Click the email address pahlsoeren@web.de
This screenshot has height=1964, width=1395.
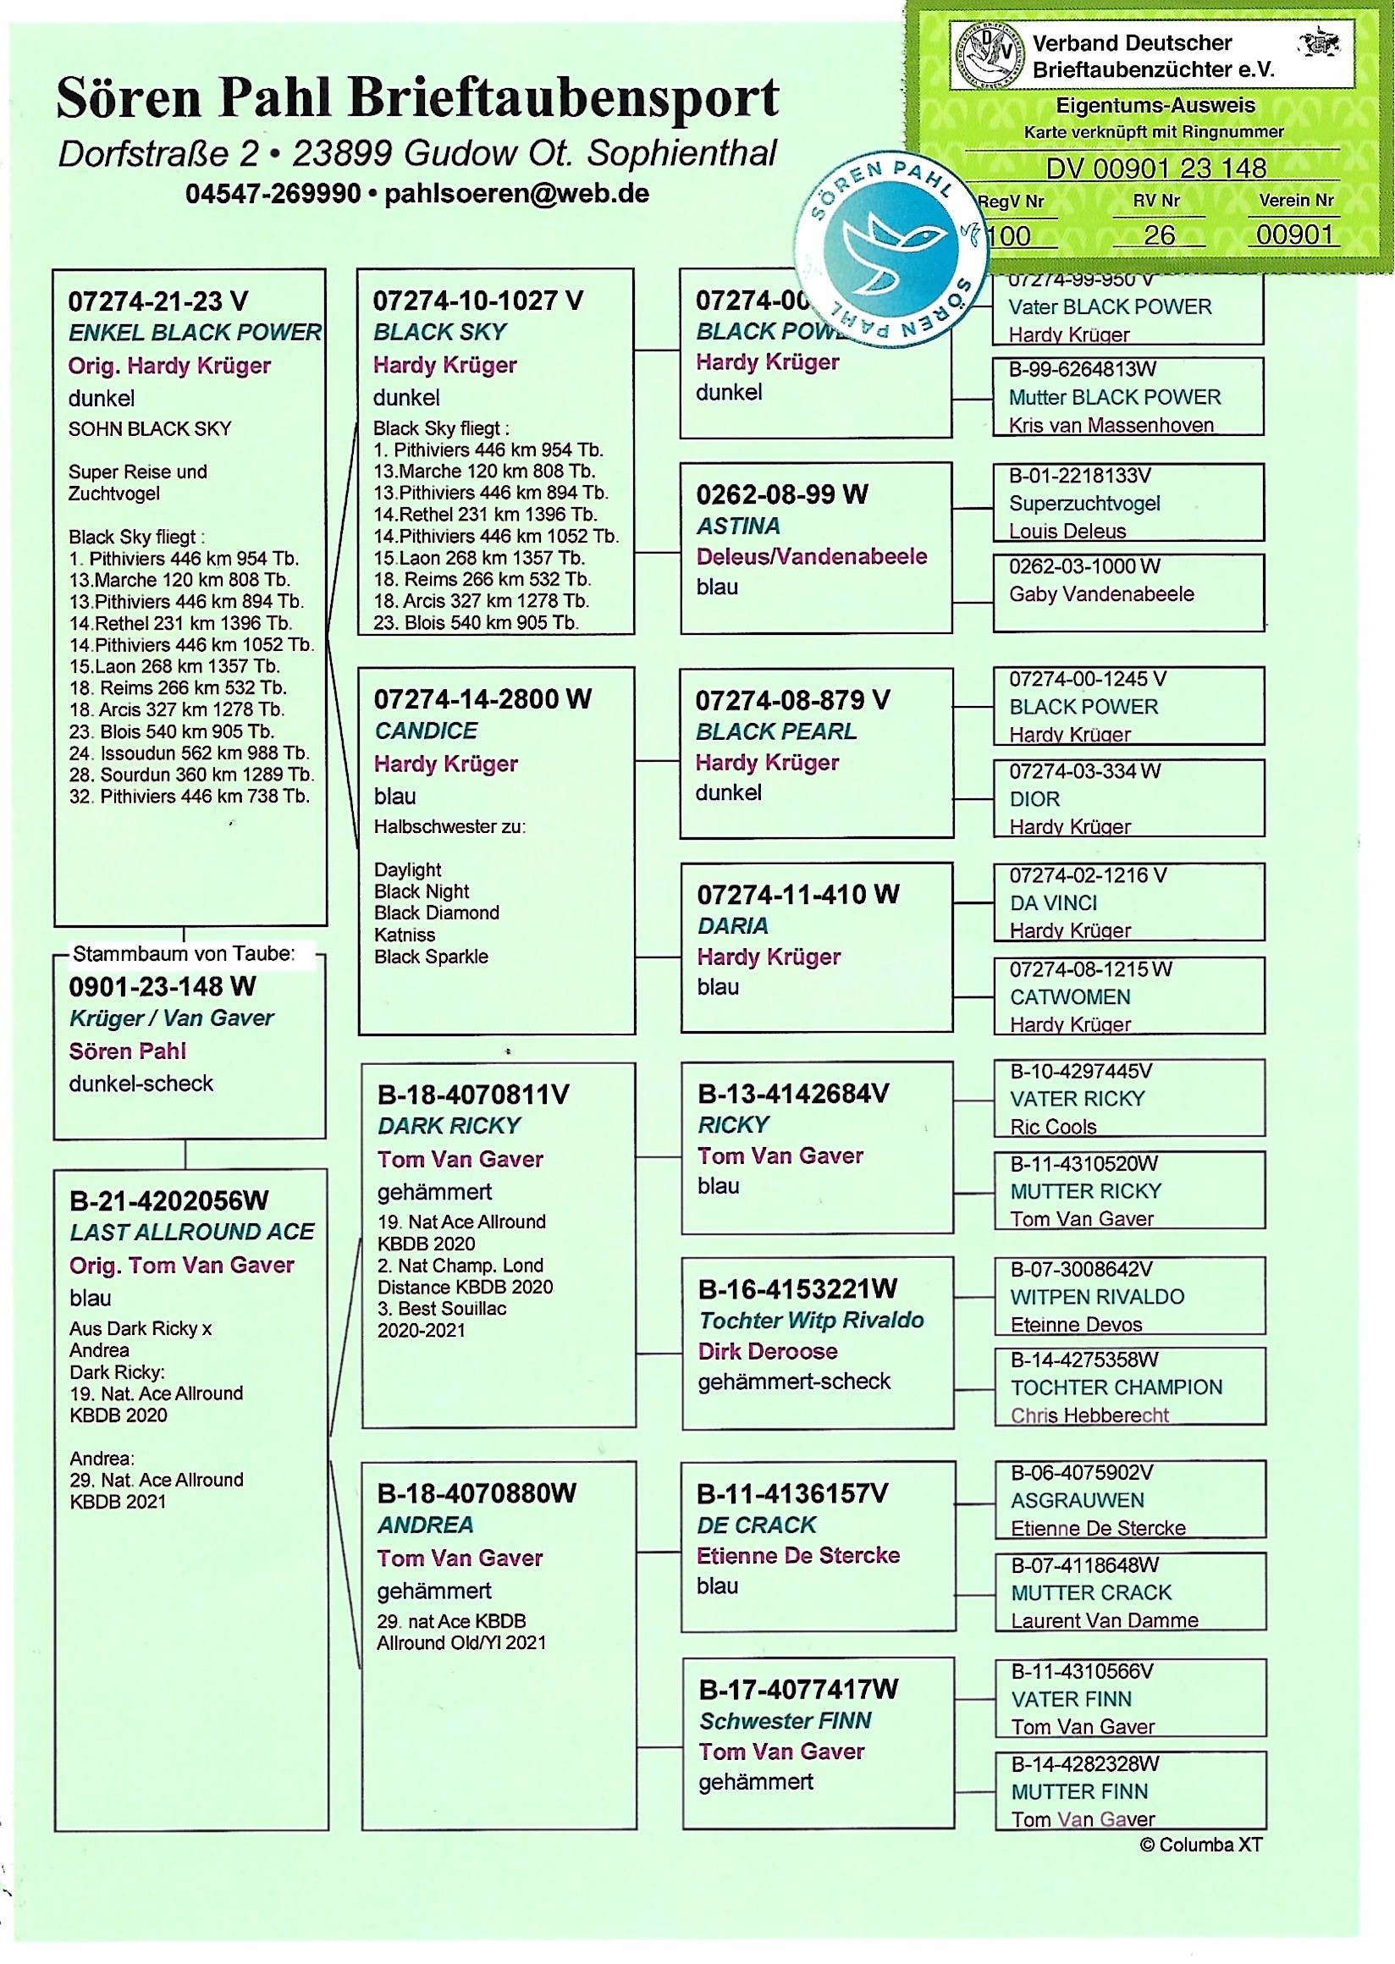coord(516,193)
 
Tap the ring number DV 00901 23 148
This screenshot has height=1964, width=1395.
coord(1155,168)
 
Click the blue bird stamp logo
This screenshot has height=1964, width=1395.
coord(891,249)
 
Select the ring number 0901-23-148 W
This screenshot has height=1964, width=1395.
coord(163,986)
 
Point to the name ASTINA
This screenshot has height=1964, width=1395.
coord(738,526)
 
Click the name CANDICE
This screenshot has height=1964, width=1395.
coord(426,731)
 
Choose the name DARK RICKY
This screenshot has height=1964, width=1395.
coord(449,1125)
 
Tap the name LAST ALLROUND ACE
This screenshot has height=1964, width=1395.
coord(192,1232)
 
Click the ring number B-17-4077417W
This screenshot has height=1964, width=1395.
coord(798,1689)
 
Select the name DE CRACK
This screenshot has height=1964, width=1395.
coord(756,1525)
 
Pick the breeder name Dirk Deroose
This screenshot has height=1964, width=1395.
coord(767,1350)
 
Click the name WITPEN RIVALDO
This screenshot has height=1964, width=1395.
coord(1097,1296)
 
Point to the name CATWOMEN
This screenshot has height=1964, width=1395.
coord(1069,996)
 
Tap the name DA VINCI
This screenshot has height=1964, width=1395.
coord(1053,903)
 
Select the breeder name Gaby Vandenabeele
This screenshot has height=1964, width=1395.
coord(1101,593)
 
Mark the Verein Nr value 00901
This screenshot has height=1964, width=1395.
coord(1294,234)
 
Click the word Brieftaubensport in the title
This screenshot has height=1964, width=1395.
coord(564,97)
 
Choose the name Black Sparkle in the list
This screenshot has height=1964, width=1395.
coord(431,957)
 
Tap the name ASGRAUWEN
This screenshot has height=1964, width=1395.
coord(1078,1500)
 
